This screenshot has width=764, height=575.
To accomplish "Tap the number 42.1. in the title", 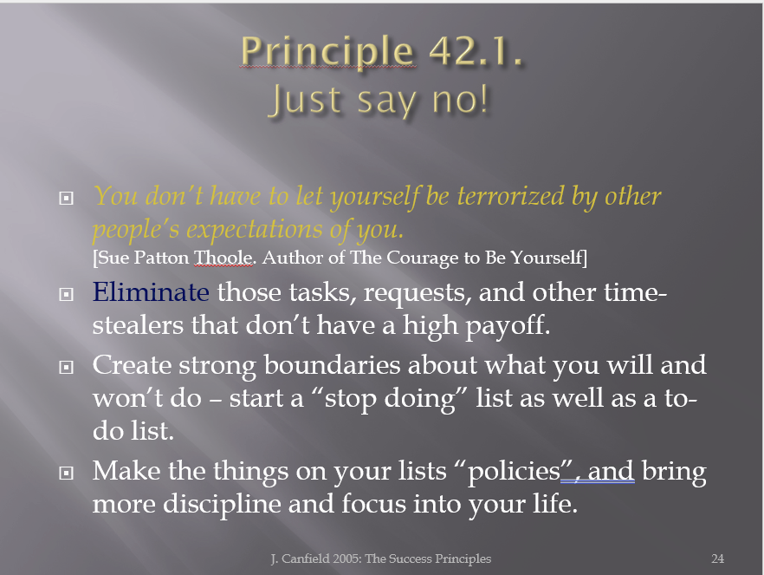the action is pos(476,50).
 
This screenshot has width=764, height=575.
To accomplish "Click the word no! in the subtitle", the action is pos(460,100).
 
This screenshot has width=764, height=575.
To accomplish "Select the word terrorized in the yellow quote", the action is pos(511,196).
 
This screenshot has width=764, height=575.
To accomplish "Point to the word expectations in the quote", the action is pos(255,229).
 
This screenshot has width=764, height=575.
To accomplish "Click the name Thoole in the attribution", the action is pos(223,258).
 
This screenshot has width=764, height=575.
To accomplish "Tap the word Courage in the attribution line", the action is pos(423,258).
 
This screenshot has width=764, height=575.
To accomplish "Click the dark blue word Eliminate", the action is pos(151,291).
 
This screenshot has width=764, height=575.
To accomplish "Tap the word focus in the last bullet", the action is pos(373,503).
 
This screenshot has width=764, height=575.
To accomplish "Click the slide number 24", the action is pos(718,559).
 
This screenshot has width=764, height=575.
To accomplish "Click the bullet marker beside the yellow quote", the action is pos(66,198).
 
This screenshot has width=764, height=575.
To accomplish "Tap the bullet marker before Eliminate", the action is pos(66,294).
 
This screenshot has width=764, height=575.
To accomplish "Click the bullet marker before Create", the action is pos(66,367).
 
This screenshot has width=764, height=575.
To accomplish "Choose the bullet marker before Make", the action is pos(66,473).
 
